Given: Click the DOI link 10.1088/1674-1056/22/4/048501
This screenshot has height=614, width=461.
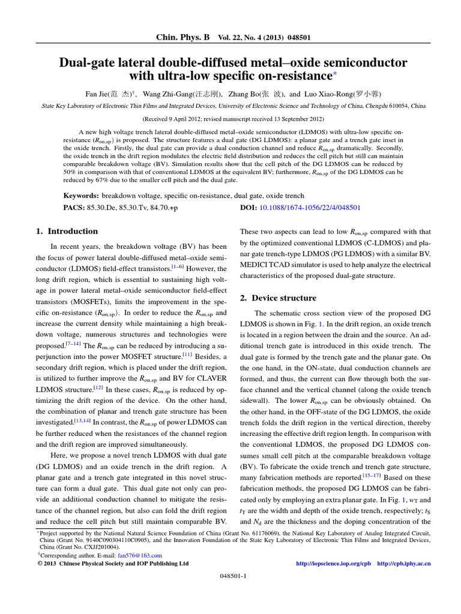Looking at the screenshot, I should [x=309, y=207].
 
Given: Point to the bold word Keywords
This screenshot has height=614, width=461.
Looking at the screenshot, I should [x=81, y=195].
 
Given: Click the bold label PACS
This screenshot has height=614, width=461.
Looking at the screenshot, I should [x=74, y=207].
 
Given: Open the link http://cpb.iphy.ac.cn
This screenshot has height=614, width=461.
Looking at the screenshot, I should [x=404, y=564].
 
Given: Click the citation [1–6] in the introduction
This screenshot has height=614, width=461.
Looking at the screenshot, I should [x=178, y=267].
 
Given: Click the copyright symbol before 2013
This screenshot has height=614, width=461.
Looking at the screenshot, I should [x=32, y=564].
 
